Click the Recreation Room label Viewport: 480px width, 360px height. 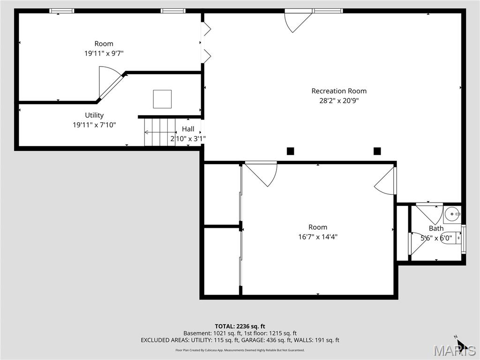click(x=339, y=91)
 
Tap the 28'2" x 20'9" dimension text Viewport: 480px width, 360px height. click(x=339, y=100)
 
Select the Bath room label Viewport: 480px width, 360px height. click(x=436, y=228)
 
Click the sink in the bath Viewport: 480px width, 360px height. click(x=452, y=215)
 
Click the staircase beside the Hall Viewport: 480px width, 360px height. click(x=159, y=132)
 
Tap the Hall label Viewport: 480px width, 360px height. click(x=188, y=129)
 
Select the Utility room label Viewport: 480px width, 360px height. click(x=94, y=115)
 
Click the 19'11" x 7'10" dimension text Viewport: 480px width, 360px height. click(x=94, y=125)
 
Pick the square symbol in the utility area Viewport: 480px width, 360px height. click(x=162, y=99)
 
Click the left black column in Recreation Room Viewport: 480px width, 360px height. click(x=290, y=151)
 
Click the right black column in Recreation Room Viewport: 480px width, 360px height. click(x=377, y=151)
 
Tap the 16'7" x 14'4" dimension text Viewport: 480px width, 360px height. click(x=318, y=237)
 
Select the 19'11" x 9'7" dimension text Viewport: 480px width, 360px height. click(x=104, y=53)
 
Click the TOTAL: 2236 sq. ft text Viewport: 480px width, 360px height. click(x=240, y=326)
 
